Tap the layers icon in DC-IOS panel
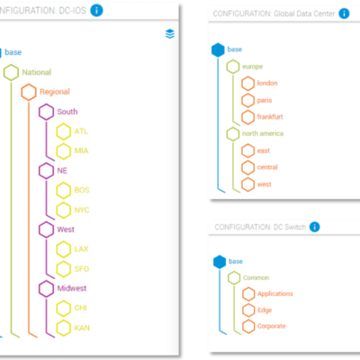(168, 34)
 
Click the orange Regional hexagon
(29, 92)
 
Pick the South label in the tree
(67, 112)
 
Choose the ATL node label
(82, 131)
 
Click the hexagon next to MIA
(63, 151)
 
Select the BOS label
(83, 190)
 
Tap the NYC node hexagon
(63, 210)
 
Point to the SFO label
(83, 269)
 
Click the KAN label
(83, 328)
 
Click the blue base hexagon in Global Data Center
(216, 49)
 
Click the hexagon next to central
(247, 167)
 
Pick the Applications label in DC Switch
(275, 294)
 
